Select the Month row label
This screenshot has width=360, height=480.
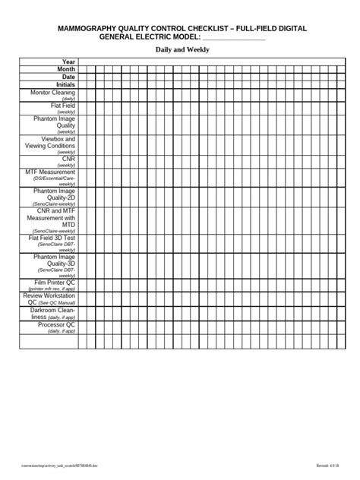66,68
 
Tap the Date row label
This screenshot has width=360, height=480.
68,77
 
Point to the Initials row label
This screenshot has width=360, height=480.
65,84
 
